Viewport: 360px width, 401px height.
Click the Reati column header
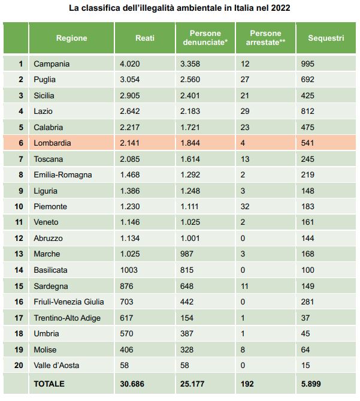145,38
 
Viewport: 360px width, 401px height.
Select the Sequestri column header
326,38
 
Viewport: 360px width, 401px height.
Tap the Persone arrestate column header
265,38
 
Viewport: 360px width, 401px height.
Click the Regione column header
71,38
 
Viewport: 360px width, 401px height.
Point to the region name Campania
52,64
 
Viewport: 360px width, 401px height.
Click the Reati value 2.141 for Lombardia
130,143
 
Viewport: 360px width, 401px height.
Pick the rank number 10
19,206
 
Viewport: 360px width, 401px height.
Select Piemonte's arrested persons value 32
245,206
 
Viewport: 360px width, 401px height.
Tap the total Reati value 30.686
132,384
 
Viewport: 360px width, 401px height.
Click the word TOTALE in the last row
49,384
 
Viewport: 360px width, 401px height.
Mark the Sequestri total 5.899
311,384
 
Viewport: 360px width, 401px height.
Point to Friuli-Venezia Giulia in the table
69,301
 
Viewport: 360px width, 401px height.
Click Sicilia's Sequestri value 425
308,96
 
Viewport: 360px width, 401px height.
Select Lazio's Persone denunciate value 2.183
190,111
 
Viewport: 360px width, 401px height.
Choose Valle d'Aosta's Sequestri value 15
305,365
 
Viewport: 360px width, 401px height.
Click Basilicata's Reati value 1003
129,270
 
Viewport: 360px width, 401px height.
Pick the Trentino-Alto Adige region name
67,318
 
